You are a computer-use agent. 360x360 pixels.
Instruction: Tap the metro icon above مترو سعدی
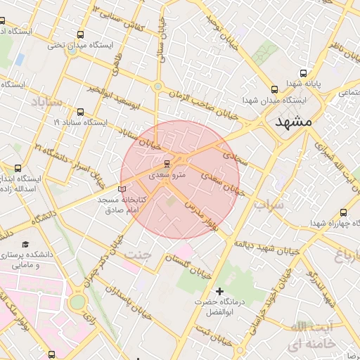coord(167,163)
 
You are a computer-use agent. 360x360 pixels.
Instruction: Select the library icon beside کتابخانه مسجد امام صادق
coord(123,189)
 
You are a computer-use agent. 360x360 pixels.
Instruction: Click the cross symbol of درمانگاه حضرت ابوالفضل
coord(220,291)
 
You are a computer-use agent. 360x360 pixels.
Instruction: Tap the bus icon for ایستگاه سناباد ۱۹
coord(79,112)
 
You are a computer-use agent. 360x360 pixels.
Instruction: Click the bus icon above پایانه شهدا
coord(304,72)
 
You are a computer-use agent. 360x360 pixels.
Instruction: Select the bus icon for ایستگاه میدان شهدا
coord(275,89)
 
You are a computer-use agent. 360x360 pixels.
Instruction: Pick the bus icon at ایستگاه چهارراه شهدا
coord(343,213)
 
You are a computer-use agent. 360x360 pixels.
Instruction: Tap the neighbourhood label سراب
coord(269,205)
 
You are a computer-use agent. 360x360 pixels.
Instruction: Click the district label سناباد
coord(46,103)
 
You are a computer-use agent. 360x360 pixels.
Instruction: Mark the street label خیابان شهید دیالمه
coord(262,245)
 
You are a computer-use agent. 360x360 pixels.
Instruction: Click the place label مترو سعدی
coord(170,174)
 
